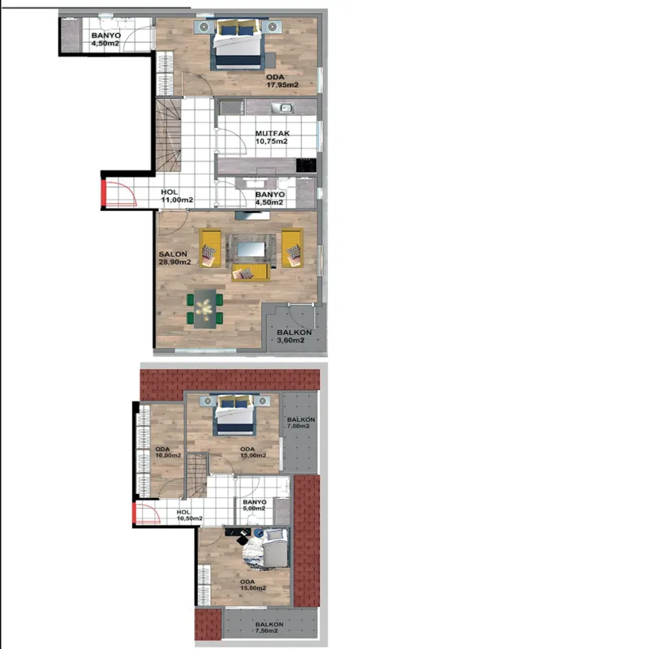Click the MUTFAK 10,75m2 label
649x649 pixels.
(272, 137)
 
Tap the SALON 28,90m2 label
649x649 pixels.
(174, 258)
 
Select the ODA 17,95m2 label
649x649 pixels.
(282, 80)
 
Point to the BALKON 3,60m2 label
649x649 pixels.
(294, 336)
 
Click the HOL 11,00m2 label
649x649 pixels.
(177, 196)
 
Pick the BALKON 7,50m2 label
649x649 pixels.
(269, 627)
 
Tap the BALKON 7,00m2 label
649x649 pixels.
(301, 423)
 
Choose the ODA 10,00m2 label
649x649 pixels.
(168, 452)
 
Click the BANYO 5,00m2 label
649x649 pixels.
(255, 505)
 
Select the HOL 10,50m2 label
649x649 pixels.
(190, 515)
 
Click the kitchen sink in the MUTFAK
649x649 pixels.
(282, 108)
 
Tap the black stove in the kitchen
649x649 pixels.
(307, 165)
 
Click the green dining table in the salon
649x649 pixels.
(205, 309)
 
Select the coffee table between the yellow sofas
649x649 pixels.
(251, 249)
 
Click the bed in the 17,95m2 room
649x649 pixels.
(238, 44)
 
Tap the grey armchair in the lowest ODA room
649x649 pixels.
(276, 548)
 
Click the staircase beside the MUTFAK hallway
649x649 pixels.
(169, 135)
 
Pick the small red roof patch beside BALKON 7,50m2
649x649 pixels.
(208, 625)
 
